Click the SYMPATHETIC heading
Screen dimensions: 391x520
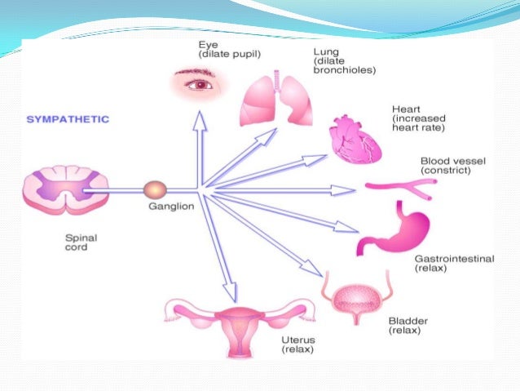68,119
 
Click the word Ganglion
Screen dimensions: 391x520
170,207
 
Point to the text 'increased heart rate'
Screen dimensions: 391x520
422,122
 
